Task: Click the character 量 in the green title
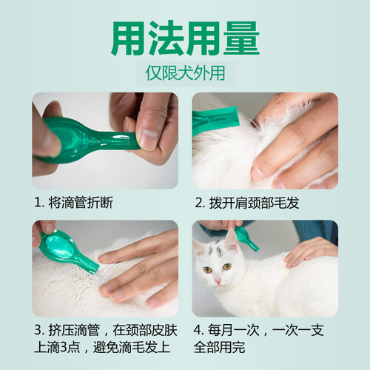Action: point(241,38)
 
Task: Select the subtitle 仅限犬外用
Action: point(185,73)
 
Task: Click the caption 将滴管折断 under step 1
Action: point(81,203)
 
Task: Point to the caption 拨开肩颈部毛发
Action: point(254,203)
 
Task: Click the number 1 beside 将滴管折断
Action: point(38,203)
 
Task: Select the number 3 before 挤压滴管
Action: point(38,330)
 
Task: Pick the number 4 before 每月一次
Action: point(198,330)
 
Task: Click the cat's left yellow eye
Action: point(208,269)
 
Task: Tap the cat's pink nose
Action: point(218,280)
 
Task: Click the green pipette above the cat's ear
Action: point(246,238)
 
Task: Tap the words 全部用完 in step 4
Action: point(219,347)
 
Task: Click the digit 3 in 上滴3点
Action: point(64,347)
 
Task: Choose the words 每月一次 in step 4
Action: point(234,330)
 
